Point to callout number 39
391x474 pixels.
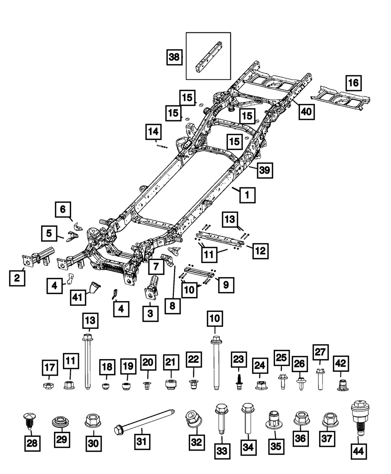pos(264,170)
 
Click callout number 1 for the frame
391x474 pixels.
pos(247,194)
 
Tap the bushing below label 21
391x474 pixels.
pos(170,383)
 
